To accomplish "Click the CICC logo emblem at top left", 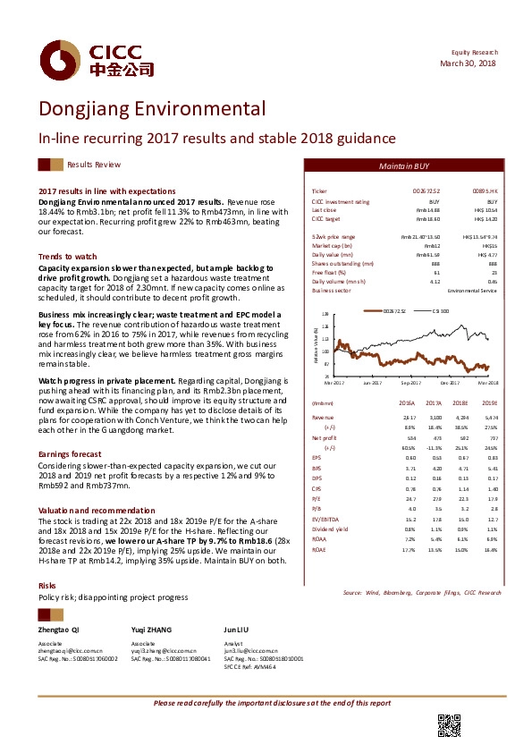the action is click(59, 61).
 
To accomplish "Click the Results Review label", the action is click(94, 165).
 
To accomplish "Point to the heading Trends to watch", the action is click(68, 256).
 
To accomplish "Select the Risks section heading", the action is click(46, 560).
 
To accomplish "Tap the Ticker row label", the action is click(319, 192).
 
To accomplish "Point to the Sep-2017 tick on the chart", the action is click(411, 382).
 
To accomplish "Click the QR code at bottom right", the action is click(448, 725).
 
